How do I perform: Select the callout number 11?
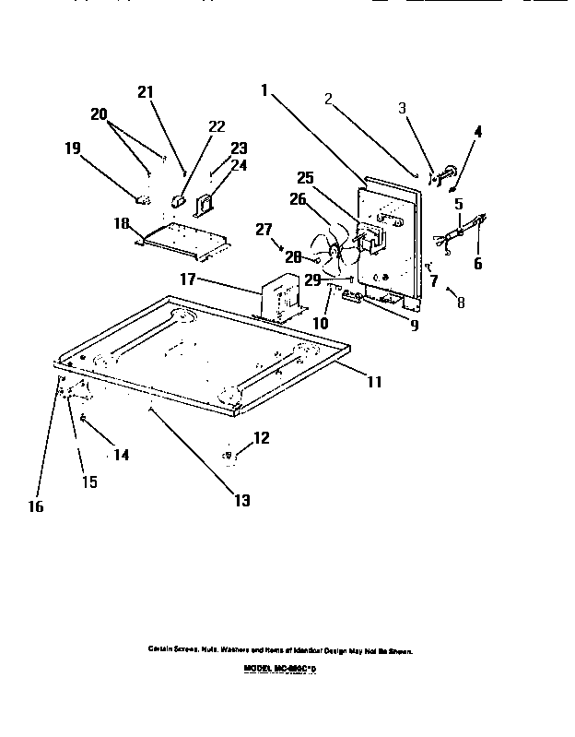tap(373, 380)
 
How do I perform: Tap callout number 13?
tap(241, 501)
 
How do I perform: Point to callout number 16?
tap(38, 505)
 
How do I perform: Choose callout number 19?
tap(73, 147)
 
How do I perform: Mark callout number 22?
tap(217, 126)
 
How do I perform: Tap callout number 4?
tap(477, 132)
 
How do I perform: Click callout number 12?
tap(262, 438)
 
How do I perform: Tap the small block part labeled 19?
tap(142, 196)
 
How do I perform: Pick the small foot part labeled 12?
tap(231, 454)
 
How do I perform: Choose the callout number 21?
tap(145, 91)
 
